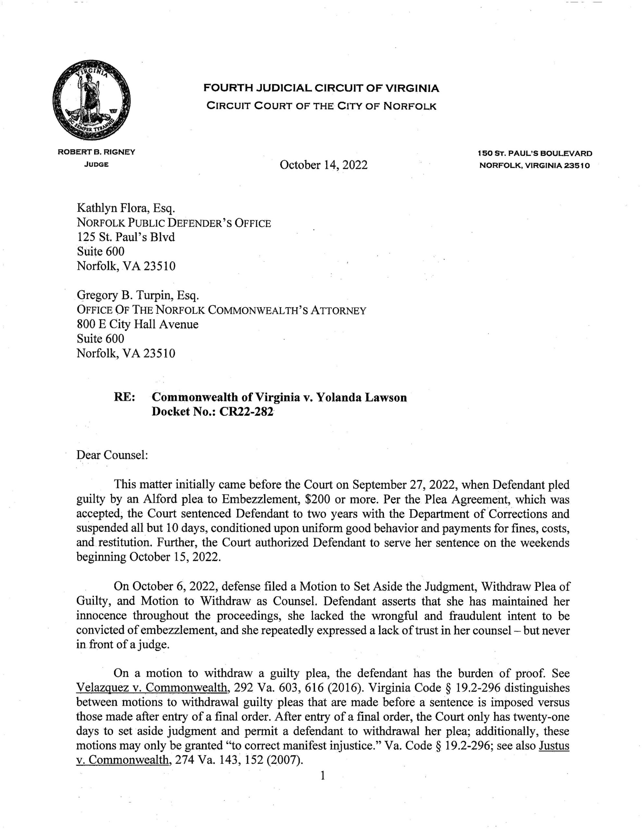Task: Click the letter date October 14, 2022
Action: (x=324, y=165)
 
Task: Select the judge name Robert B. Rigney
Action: (x=96, y=152)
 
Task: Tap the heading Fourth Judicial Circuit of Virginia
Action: (x=321, y=88)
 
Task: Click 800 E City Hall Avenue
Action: (x=137, y=324)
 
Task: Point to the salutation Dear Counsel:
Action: (x=112, y=455)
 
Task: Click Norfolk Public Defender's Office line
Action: (x=174, y=223)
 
